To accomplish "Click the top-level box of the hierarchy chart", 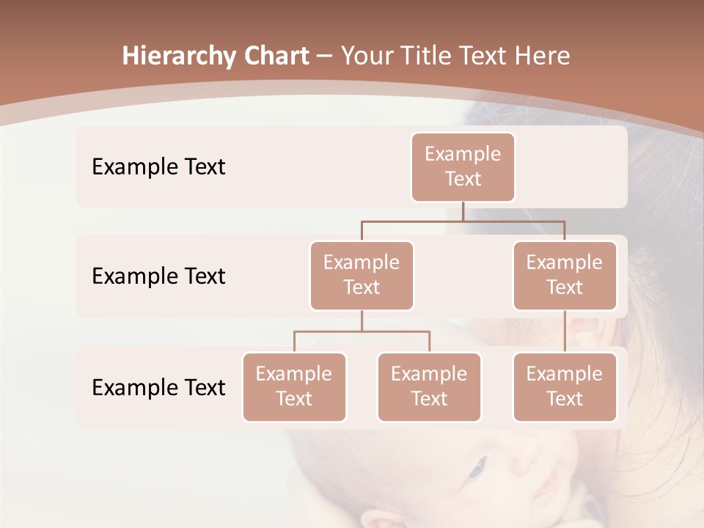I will [463, 167].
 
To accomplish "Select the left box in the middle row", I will [362, 276].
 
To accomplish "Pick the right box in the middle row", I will [565, 276].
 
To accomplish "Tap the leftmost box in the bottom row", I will [294, 387].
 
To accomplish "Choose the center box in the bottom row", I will [429, 387].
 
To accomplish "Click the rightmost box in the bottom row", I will [565, 387].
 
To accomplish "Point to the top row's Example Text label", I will [158, 167].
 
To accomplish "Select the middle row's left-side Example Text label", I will [158, 276].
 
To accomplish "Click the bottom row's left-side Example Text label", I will [158, 388].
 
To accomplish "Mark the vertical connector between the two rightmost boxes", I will [565, 331].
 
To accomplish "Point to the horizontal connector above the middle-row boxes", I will [463, 220].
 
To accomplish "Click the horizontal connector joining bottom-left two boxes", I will [362, 331].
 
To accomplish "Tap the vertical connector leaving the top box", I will [463, 210].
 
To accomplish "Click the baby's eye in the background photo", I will [477, 466].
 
